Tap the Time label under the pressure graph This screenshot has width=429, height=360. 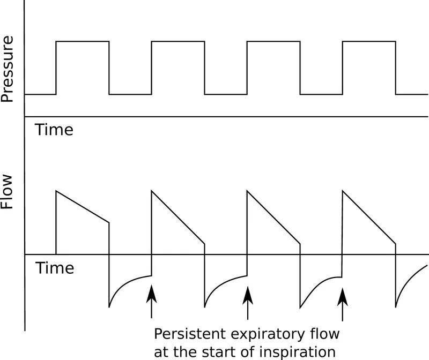pyautogui.click(x=54, y=130)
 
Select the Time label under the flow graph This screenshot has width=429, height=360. pyautogui.click(x=54, y=267)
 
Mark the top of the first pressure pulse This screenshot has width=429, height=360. pyautogui.click(x=83, y=41)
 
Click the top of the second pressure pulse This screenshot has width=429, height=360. pyautogui.click(x=178, y=41)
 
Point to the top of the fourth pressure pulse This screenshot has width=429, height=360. pyautogui.click(x=369, y=41)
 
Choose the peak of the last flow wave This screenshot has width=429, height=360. pyautogui.click(x=343, y=190)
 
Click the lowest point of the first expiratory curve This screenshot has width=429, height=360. pyautogui.click(x=110, y=307)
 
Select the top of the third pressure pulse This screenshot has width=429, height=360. pyautogui.click(x=273, y=41)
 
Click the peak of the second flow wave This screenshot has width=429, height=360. pyautogui.click(x=152, y=190)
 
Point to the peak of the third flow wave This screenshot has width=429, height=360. pyautogui.click(x=248, y=190)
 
